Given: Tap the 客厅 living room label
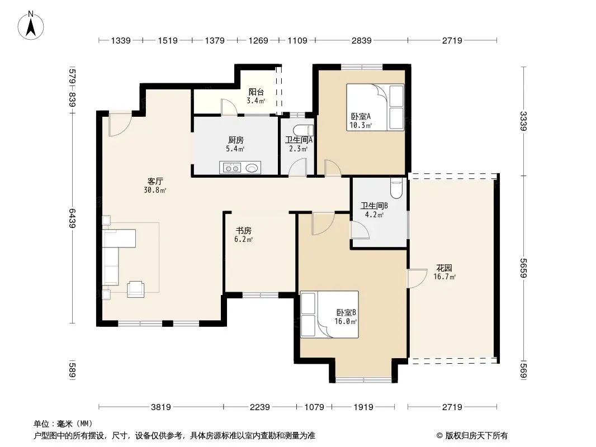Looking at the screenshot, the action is [x=155, y=181].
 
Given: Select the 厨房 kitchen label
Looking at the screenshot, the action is [x=236, y=140].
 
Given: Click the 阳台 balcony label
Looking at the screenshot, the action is [x=256, y=92].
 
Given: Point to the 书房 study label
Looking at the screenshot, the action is [x=244, y=231].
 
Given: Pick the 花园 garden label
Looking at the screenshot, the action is [x=444, y=268].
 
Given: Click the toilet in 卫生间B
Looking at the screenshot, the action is [x=396, y=188].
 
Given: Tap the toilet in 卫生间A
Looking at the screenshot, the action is [x=303, y=130].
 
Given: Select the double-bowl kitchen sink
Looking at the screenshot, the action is [x=231, y=168].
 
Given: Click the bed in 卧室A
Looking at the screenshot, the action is [x=375, y=107].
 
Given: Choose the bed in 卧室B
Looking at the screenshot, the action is [x=329, y=315].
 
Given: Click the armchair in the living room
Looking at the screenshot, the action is [x=136, y=289].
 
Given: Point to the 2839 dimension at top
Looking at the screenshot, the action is [x=362, y=41].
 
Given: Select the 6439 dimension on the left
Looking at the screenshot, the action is [x=72, y=218].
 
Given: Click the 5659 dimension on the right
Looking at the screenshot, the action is [x=524, y=268].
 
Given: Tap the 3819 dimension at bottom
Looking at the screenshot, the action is [x=161, y=407].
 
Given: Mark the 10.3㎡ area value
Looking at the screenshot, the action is [x=360, y=125].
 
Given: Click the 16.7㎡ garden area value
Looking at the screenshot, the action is [x=444, y=277].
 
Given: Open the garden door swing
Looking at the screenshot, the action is [x=417, y=278].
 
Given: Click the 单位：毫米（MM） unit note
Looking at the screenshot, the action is [x=63, y=424].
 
